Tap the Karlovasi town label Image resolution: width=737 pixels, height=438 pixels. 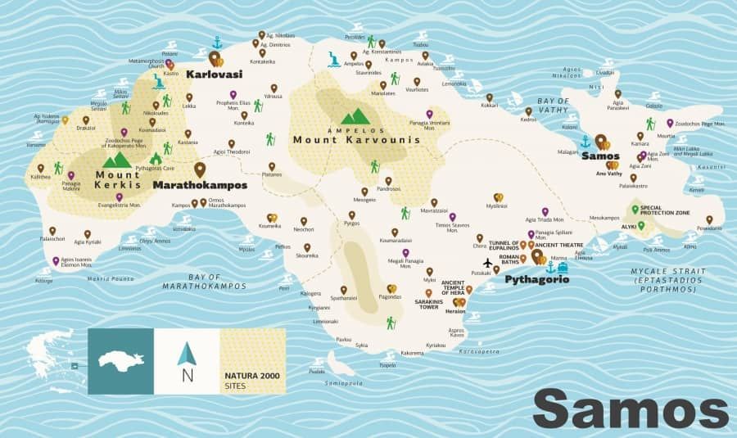(x=211, y=75)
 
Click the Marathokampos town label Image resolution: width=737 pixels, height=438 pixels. (x=200, y=185)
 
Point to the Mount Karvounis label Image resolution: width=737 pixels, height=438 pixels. (x=356, y=140)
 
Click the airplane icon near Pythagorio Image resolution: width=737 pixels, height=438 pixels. (x=489, y=263)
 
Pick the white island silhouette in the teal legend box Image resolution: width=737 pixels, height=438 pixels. (x=120, y=359)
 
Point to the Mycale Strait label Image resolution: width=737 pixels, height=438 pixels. (x=662, y=274)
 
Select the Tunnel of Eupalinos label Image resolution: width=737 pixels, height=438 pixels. (x=504, y=245)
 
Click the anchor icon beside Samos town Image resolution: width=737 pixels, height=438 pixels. (x=585, y=142)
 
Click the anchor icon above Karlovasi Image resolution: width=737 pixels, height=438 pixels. (x=217, y=42)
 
